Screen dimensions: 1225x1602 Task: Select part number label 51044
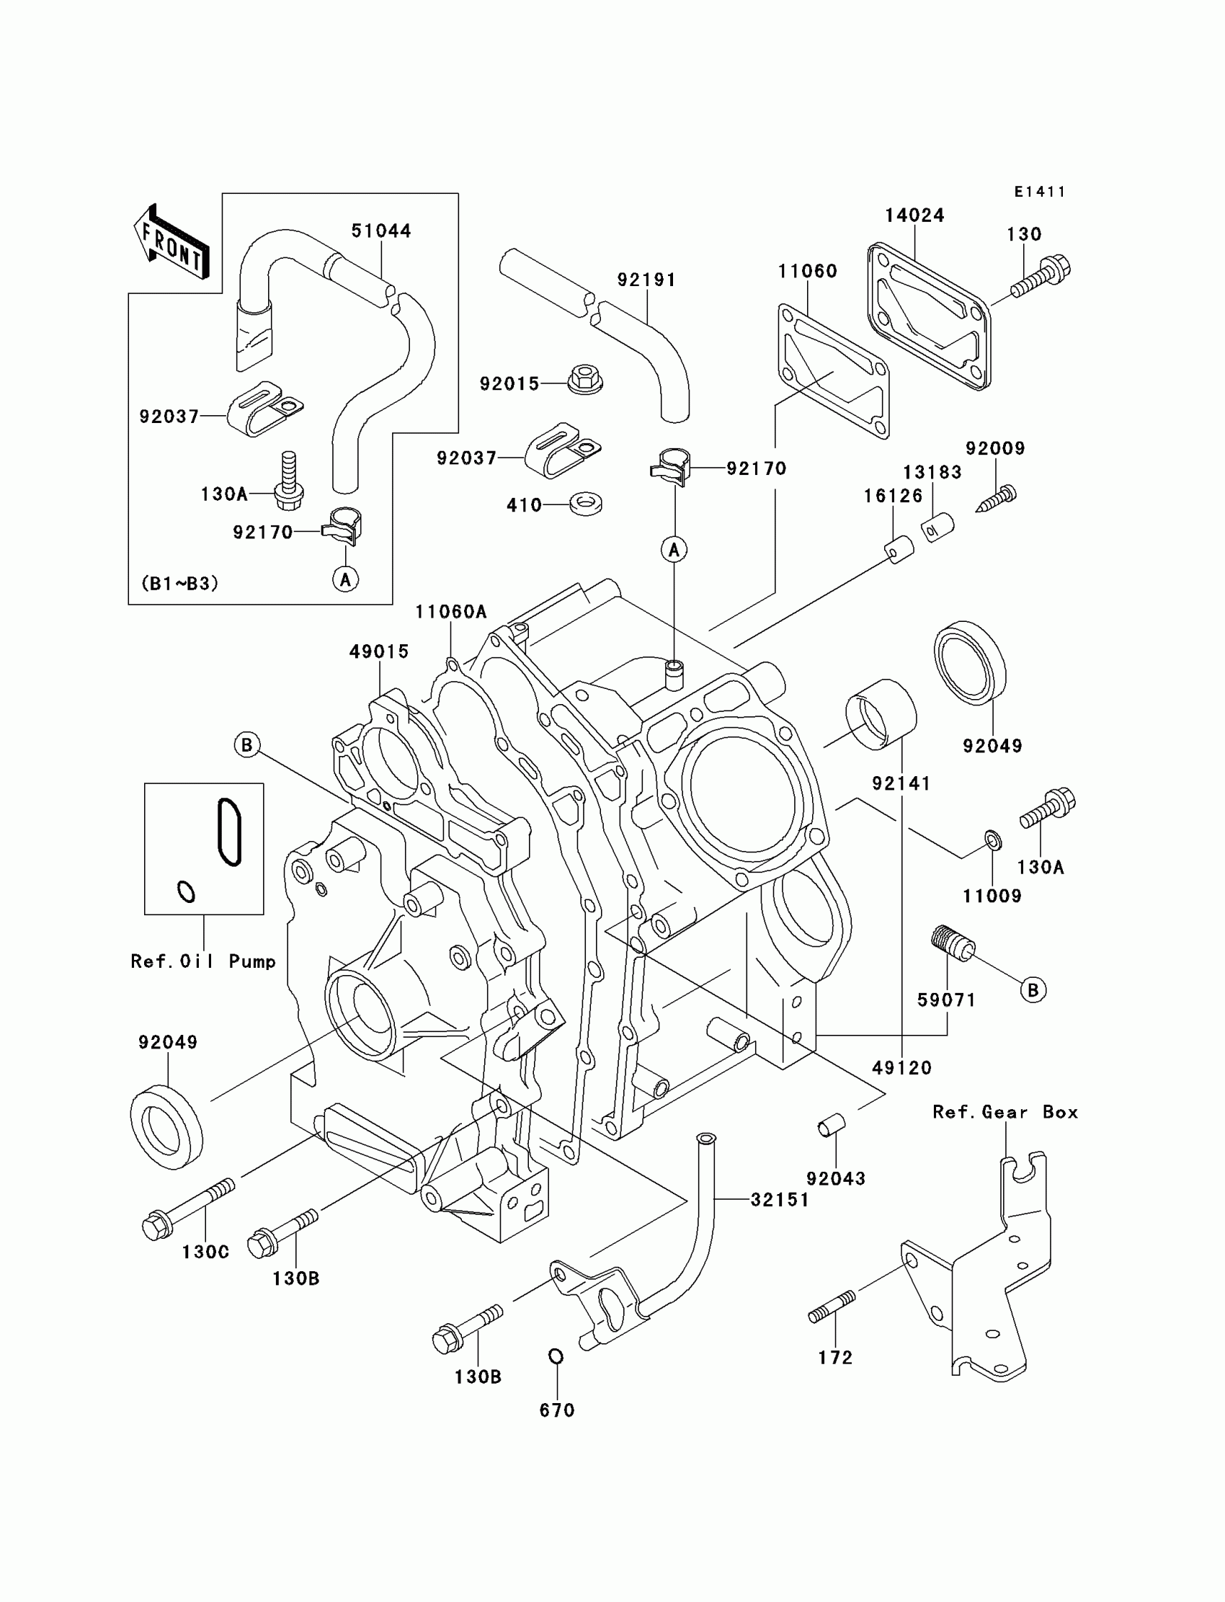pos(381,231)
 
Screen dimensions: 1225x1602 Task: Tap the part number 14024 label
pos(914,216)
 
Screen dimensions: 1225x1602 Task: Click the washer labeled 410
pos(586,504)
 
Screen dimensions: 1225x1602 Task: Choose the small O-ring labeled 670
pos(556,1356)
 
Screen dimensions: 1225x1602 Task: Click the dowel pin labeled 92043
pos(830,1125)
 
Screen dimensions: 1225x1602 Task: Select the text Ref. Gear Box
pos(1004,1113)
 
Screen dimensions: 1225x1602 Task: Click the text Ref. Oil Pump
pos(203,961)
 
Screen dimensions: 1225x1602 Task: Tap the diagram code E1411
pos(1040,192)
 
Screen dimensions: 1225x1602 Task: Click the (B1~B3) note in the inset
pos(179,583)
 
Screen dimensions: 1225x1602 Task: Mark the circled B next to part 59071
pos(1033,989)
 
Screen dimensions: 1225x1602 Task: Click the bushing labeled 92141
pos(881,714)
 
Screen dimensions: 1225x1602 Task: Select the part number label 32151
pos(780,1200)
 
